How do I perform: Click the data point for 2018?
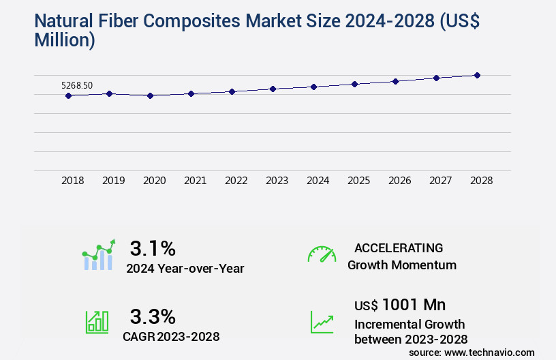tap(68, 96)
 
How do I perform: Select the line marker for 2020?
tap(150, 96)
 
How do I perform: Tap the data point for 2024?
tap(313, 87)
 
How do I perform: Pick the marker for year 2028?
tap(477, 75)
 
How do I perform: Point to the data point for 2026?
tap(395, 81)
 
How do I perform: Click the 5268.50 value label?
tap(77, 86)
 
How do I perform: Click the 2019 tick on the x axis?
tap(113, 181)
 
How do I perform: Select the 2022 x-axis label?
tap(236, 181)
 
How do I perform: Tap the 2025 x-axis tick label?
tap(358, 181)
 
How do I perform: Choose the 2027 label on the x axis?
tap(440, 181)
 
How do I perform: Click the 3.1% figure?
tap(153, 247)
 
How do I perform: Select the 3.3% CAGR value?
tap(153, 316)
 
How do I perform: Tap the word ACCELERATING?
tap(399, 248)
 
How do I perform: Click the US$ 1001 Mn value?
tap(400, 305)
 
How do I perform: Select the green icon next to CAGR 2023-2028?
tap(97, 322)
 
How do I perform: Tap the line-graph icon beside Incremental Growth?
tap(322, 322)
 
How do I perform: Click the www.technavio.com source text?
tap(490, 352)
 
